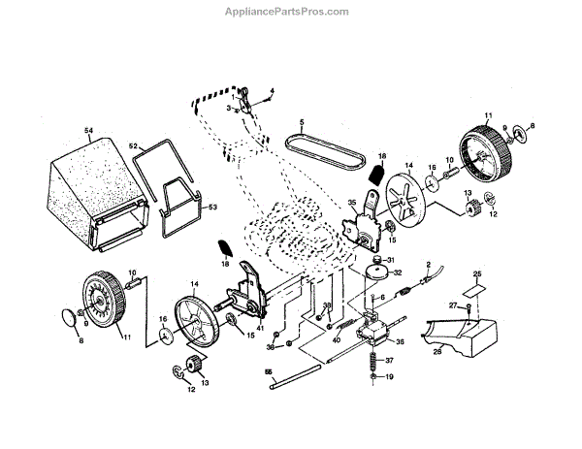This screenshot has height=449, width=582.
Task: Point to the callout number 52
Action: pyautogui.click(x=135, y=146)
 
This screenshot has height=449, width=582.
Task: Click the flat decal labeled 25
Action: pyautogui.click(x=475, y=288)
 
